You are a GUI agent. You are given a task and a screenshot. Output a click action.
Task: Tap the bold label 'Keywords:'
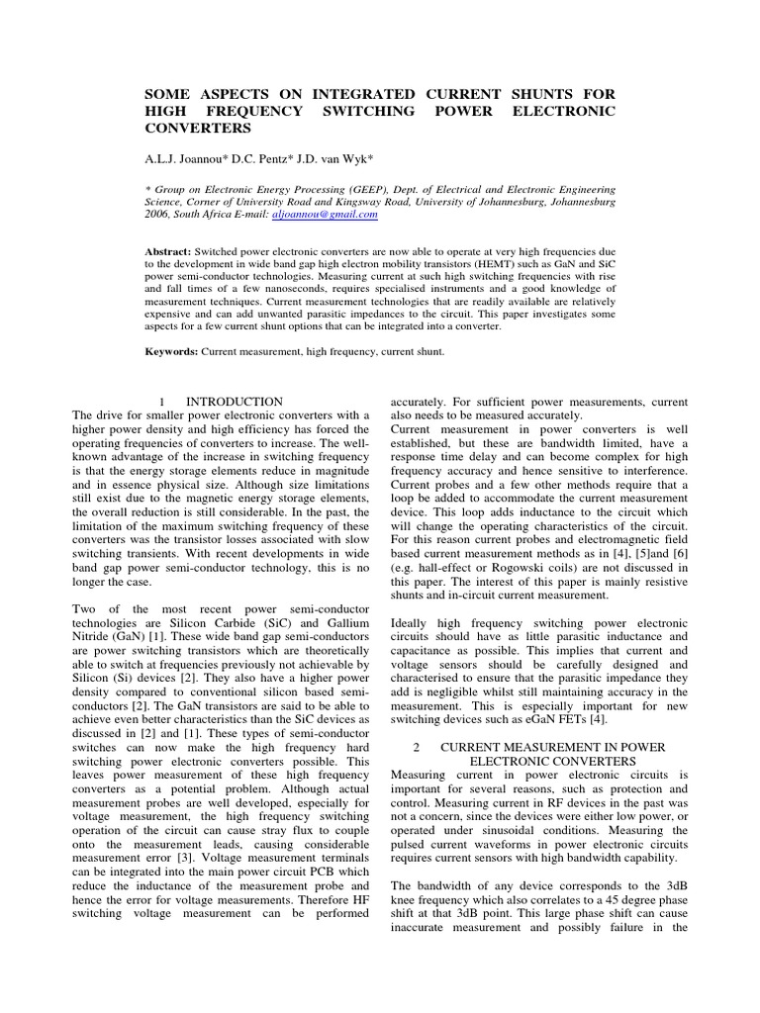(172, 350)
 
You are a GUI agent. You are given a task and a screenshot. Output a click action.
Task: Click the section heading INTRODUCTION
(235, 402)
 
